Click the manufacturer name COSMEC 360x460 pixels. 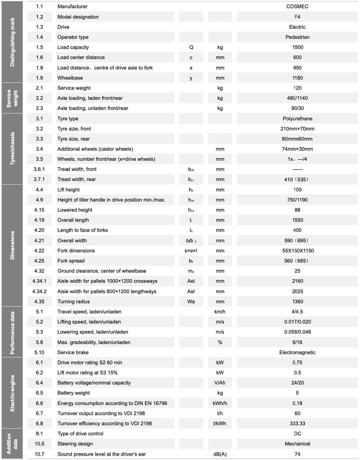click(297, 6)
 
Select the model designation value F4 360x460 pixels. click(297, 17)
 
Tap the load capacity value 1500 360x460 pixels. click(297, 47)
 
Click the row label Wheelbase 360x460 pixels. click(70, 78)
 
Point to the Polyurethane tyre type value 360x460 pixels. click(297, 118)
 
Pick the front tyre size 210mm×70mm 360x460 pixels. click(297, 129)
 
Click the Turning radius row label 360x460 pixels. click(74, 301)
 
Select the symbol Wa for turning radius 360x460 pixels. click(191, 301)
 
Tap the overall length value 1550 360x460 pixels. click(297, 220)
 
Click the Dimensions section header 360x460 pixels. click(12, 245)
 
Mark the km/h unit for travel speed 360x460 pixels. click(220, 312)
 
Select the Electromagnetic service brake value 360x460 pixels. click(297, 352)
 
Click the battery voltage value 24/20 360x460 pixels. click(297, 383)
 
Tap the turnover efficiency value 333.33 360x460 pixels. click(297, 423)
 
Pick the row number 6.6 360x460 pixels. click(39, 403)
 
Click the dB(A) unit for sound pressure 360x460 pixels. click(220, 454)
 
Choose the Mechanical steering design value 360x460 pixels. click(297, 444)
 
